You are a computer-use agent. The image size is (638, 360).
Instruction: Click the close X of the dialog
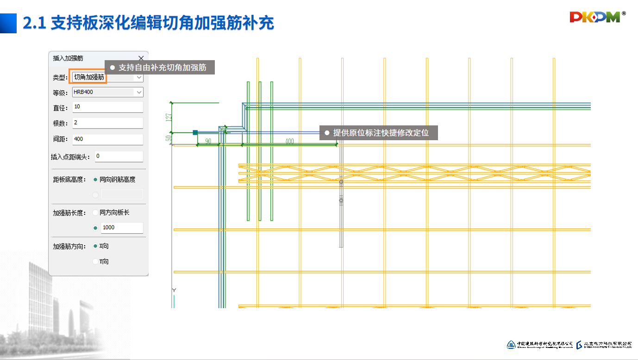pos(141,58)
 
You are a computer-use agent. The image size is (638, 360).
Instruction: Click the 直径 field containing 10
pos(107,107)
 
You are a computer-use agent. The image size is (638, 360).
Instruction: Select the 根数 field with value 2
pos(107,123)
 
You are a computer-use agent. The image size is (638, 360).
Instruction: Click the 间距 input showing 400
pos(107,139)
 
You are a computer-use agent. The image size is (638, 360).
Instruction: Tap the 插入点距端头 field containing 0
pos(119,156)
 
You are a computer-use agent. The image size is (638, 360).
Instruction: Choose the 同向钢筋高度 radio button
pos(95,180)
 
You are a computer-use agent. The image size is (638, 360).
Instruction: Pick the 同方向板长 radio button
pos(95,213)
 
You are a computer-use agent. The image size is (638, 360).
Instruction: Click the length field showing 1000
pos(121,228)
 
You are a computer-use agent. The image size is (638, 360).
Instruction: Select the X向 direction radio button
pos(95,246)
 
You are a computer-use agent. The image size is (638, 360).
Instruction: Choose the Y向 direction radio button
pos(95,261)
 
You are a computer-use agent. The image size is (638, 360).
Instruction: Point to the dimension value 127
pos(169,117)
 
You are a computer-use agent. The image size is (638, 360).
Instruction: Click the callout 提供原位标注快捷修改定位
pos(378,133)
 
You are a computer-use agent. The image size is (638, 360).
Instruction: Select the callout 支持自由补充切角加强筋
pos(160,68)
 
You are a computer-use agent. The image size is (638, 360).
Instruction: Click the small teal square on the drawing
pos(195,132)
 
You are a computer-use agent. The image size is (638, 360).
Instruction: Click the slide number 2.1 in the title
pos(34,23)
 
